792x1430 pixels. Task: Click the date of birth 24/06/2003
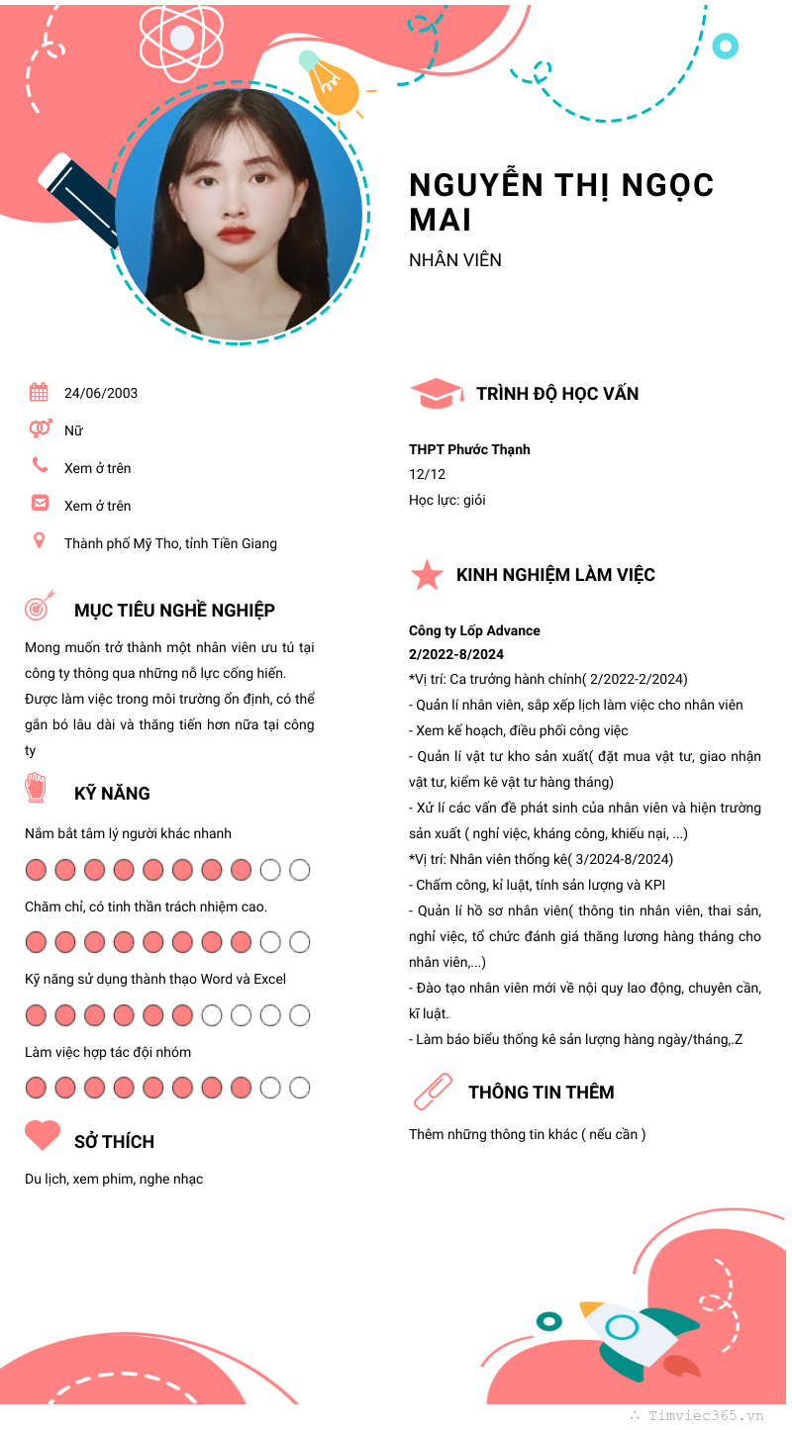101,393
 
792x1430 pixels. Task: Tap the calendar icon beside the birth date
39,393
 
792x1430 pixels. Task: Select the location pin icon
39,541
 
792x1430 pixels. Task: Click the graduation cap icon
436,394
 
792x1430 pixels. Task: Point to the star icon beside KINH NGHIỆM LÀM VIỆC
427,575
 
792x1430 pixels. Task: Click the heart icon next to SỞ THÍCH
43,1135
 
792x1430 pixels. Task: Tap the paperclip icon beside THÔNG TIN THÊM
432,1092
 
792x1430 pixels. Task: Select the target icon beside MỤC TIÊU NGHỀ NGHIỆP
39,607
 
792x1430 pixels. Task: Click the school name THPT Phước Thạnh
469,449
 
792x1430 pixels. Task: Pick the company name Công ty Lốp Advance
474,630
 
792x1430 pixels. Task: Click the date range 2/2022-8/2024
456,654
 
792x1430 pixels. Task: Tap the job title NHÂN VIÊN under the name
455,260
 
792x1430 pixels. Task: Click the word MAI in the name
441,220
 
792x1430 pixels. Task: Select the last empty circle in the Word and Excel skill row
299,1015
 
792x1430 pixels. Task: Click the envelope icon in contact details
40,504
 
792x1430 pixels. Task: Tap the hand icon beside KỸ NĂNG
36,788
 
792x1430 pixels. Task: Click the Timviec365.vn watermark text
705,1416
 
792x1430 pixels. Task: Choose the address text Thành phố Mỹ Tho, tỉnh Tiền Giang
170,543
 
